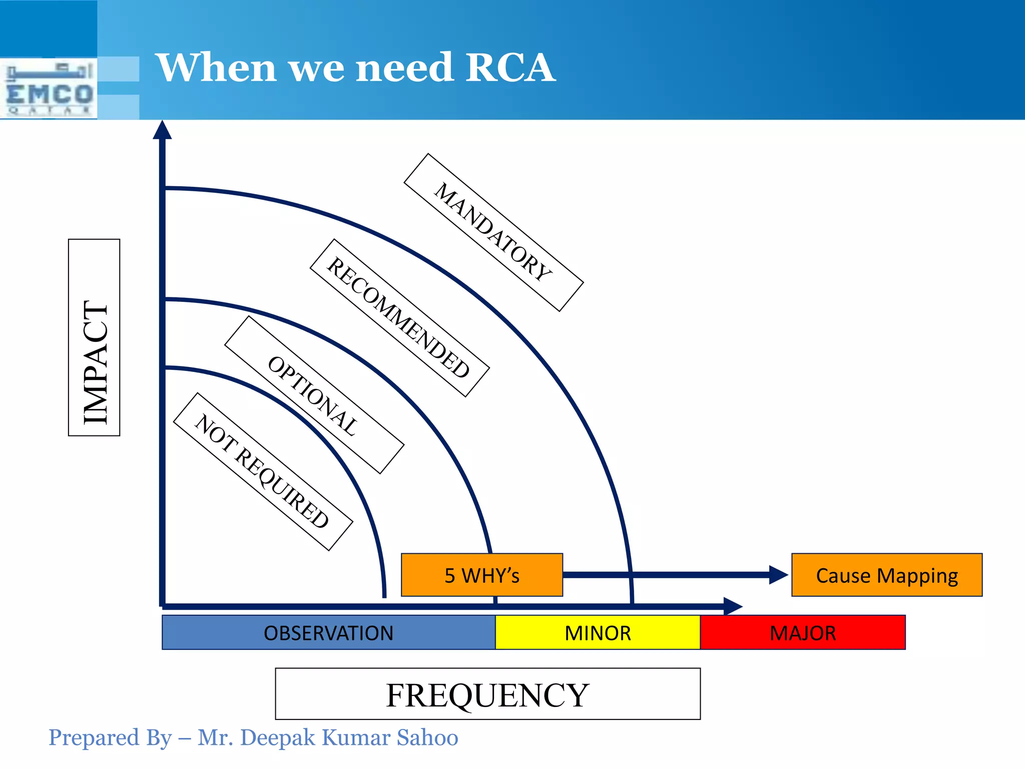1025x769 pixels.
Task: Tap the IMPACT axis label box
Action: click(94, 337)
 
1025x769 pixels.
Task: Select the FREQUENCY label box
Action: click(487, 694)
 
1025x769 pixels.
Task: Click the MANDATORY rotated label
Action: click(493, 232)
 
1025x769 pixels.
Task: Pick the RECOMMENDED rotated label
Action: click(399, 318)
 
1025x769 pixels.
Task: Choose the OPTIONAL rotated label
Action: click(314, 395)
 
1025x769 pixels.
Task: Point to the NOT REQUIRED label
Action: click(263, 472)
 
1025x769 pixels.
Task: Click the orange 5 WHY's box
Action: click(481, 575)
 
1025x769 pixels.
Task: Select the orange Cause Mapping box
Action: click(886, 575)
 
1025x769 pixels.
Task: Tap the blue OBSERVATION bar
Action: click(328, 633)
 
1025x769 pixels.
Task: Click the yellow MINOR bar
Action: click(598, 633)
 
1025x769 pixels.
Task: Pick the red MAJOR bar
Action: click(803, 633)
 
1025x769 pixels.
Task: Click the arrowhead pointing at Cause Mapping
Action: click(778, 575)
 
